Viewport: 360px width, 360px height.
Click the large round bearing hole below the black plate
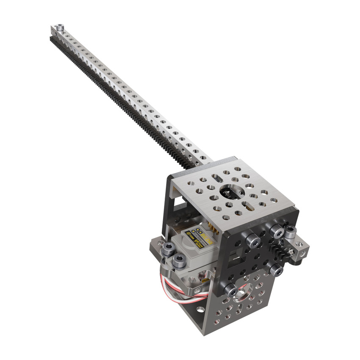click(245, 292)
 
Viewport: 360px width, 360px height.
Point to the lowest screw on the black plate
click(230, 290)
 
